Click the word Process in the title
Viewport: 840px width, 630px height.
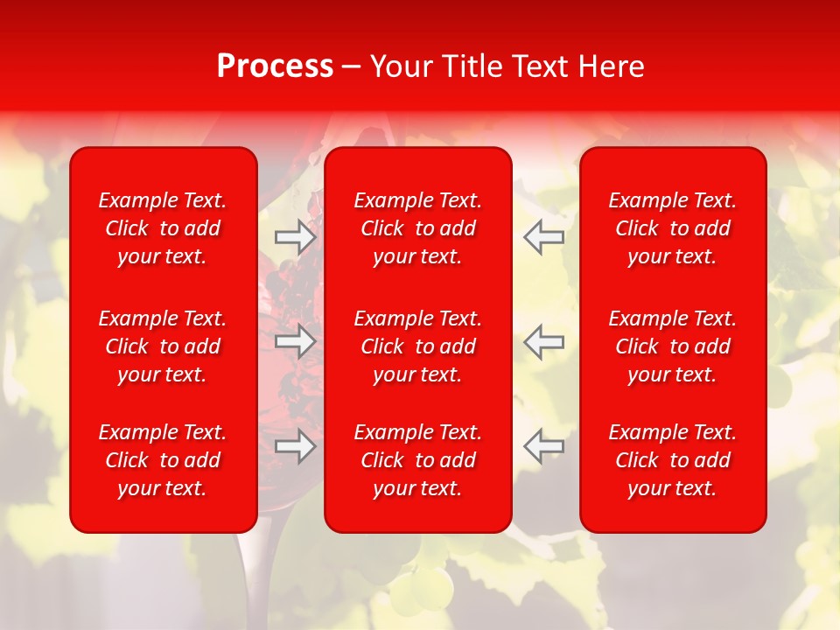275,66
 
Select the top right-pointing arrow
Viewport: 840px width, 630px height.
296,237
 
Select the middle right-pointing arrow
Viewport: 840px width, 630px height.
296,341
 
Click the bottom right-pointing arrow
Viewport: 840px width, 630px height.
296,446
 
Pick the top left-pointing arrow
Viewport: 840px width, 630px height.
543,237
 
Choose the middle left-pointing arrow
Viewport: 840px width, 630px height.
543,341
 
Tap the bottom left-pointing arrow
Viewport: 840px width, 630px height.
543,446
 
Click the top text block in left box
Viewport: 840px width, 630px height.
163,228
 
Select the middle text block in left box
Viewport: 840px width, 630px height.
163,346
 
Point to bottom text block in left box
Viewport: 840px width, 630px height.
163,460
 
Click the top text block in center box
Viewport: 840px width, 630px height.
417,228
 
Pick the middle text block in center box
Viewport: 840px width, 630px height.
417,346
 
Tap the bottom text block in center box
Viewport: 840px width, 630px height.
417,460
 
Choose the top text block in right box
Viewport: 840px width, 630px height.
672,228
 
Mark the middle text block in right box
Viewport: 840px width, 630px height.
672,346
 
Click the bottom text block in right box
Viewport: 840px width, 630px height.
672,460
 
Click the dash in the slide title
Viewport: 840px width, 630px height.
352,67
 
